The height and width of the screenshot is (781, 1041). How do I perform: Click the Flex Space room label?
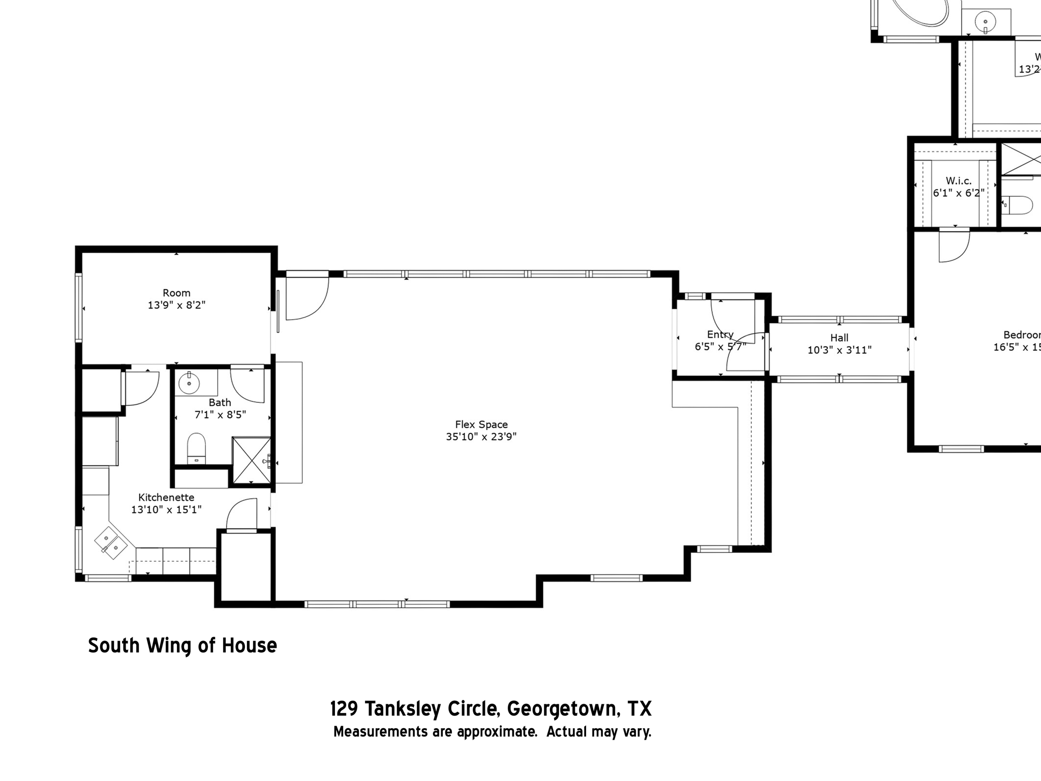[x=481, y=424]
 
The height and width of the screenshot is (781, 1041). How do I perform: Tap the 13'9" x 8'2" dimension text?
[x=176, y=305]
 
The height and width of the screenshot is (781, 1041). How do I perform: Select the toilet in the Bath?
[x=196, y=447]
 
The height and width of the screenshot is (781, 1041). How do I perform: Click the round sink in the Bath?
[x=189, y=382]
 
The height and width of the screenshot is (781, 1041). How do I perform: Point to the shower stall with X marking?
[x=252, y=460]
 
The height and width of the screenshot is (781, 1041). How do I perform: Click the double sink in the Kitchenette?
[x=111, y=543]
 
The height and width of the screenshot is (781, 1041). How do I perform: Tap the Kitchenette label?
[x=166, y=497]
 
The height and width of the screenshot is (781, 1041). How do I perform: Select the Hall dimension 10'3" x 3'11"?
[x=839, y=350]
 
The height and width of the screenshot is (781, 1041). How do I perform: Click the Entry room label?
[x=720, y=334]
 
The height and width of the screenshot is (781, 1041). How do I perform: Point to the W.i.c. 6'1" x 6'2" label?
[x=958, y=187]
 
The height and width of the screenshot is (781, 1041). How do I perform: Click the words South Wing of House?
[x=182, y=645]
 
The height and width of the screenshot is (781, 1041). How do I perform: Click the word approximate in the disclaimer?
[x=497, y=732]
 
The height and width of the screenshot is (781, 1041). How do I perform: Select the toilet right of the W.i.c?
[x=1019, y=205]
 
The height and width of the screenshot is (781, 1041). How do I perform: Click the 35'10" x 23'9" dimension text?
[x=481, y=437]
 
